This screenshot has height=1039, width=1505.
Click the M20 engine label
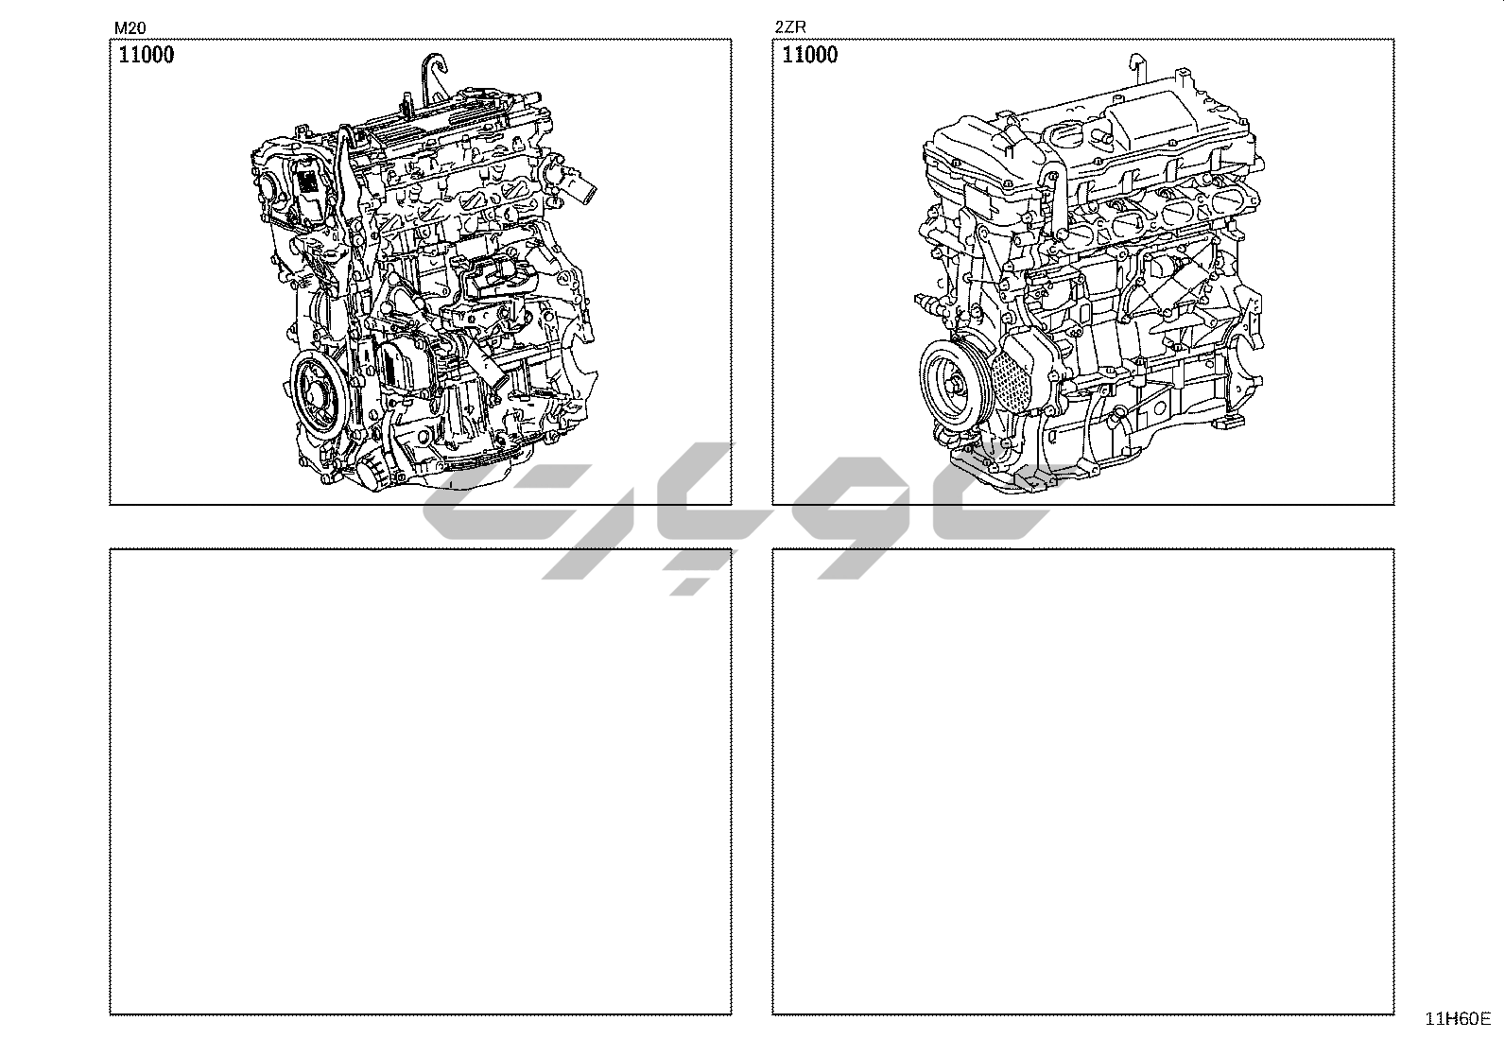130,27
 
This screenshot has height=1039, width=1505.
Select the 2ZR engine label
790,27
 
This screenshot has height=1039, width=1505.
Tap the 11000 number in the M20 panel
147,55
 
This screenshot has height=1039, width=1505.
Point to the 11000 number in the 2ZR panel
809,55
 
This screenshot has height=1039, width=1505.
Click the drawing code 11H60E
1458,1019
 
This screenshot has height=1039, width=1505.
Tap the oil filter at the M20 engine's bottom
373,473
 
